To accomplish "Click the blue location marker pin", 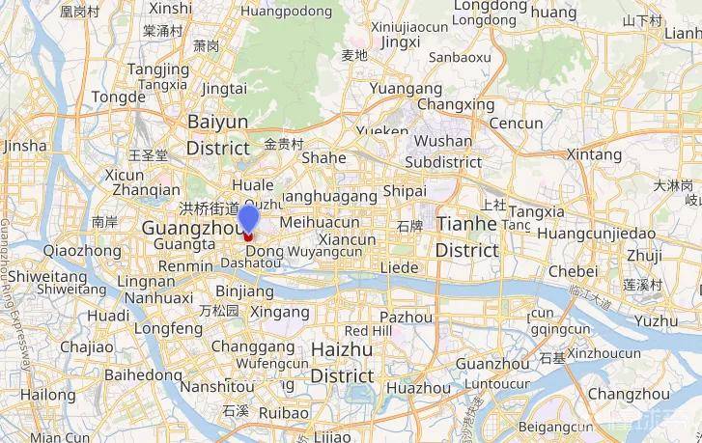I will coord(248,219).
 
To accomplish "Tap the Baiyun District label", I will coord(217,134).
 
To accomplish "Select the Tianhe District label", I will coord(467,236).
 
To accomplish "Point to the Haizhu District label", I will coord(342,362).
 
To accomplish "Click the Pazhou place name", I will coord(406,317).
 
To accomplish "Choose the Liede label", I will coord(400,266).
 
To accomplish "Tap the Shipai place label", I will coord(405,191).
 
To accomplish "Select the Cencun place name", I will coord(517,124).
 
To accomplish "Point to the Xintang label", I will coord(594,154).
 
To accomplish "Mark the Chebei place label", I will coord(574,271).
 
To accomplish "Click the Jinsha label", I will coord(25,146).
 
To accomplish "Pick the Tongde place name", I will coord(119,97).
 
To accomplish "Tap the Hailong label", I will coord(47,394).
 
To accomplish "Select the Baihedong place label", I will coord(143,374).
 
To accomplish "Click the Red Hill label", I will coord(368,331).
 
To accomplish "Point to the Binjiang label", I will coord(244,291).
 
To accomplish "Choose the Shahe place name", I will coord(323,158).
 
